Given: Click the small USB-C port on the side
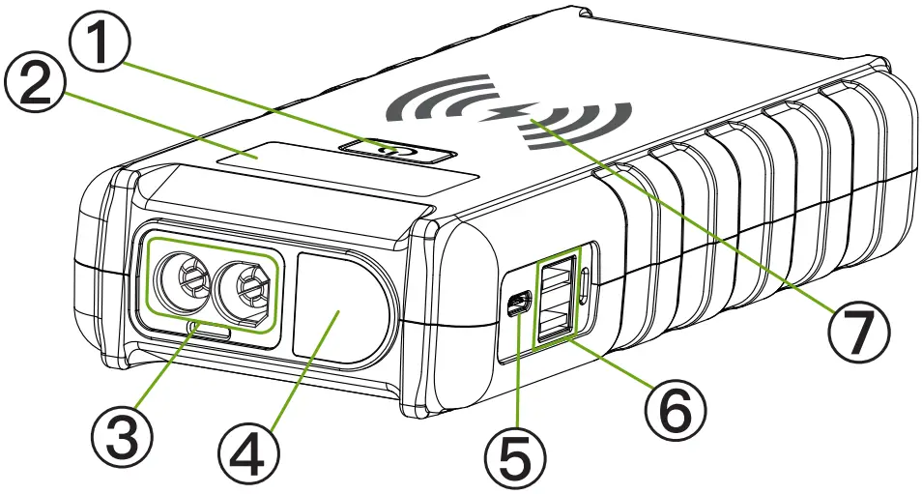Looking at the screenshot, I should click(x=518, y=305).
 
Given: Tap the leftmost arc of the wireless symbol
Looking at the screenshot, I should click(x=410, y=103).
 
